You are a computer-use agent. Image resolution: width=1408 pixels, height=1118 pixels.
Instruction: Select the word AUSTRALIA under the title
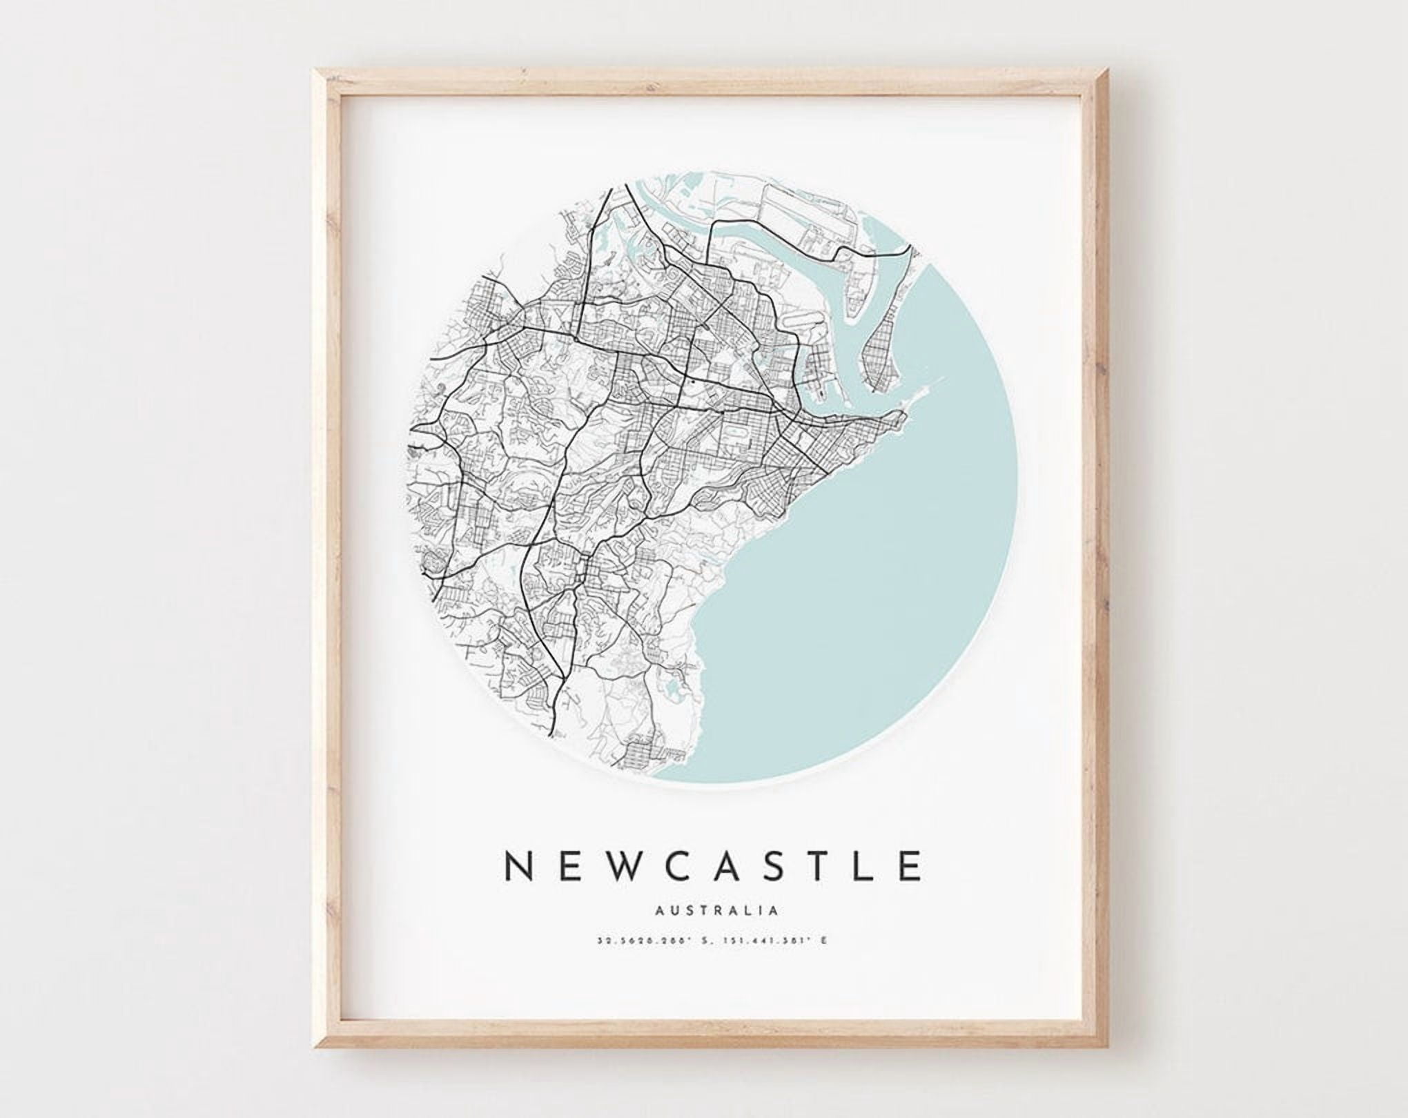(x=716, y=910)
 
